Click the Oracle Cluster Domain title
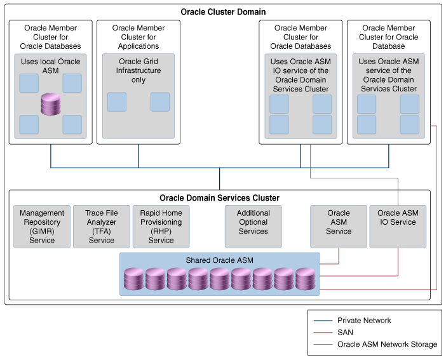223,12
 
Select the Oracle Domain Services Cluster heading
219,198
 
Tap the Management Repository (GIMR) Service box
42,227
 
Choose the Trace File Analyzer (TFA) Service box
101,227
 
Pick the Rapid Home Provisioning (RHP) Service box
161,227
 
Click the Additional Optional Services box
253,227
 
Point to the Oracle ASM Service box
339,227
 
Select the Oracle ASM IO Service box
397,227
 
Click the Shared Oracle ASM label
219,261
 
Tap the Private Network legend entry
364,321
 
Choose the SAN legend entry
345,332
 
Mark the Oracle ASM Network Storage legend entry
387,344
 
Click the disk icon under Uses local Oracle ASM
51,104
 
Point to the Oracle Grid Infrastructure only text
139,71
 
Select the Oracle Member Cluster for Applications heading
139,37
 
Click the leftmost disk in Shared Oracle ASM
134,279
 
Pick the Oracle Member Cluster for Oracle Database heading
388,37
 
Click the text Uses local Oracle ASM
51,66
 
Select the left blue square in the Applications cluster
117,102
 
